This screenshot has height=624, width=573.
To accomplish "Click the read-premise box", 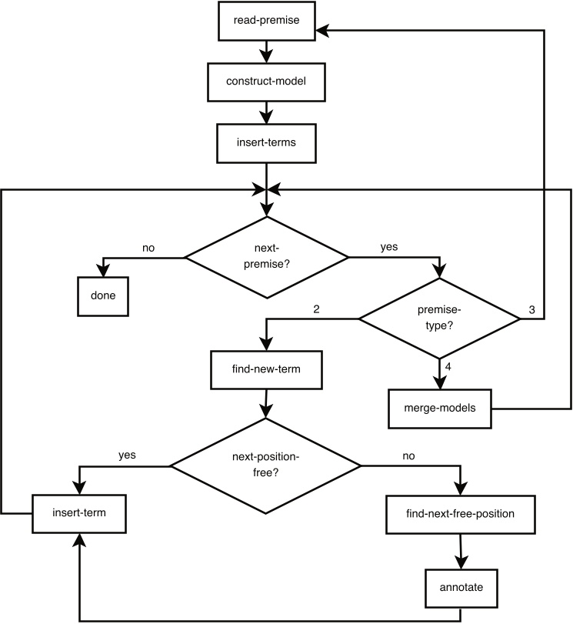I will tap(266, 21).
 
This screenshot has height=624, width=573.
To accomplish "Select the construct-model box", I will tap(266, 82).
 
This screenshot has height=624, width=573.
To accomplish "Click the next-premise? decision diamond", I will tap(266, 257).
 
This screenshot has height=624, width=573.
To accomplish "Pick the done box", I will tap(102, 295).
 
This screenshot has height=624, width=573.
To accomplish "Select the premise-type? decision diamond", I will tap(440, 318).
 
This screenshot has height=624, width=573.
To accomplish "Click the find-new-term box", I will tap(266, 369).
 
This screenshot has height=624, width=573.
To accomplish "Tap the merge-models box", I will tap(440, 408).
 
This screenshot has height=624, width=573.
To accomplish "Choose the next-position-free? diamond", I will tap(266, 466).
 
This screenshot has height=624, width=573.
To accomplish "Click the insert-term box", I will tap(79, 513).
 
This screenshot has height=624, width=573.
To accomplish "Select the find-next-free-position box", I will tap(461, 513).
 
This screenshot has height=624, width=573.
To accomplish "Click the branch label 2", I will tap(317, 309).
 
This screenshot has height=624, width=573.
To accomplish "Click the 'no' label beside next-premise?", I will tap(149, 248).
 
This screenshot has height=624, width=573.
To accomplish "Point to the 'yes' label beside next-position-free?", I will tap(128, 455).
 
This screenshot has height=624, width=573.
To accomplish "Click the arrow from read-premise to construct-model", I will tap(266, 50).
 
